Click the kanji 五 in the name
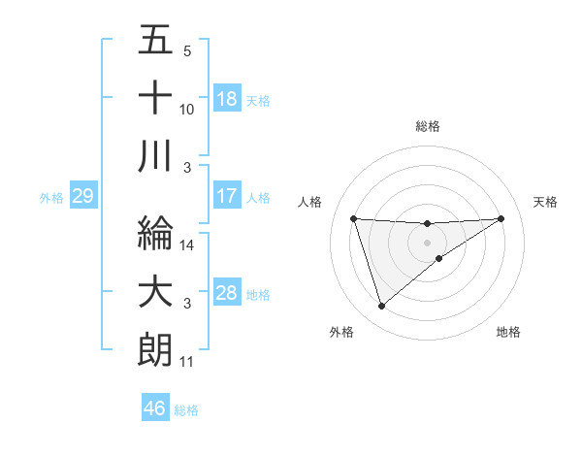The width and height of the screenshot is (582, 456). pyautogui.click(x=155, y=41)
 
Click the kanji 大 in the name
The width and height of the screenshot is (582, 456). pyautogui.click(x=155, y=292)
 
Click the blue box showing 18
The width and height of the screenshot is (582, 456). pyautogui.click(x=227, y=99)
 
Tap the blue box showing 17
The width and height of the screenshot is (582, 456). pyautogui.click(x=227, y=196)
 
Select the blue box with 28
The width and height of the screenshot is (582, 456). pyautogui.click(x=227, y=293)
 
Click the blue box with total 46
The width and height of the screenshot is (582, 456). pyautogui.click(x=155, y=408)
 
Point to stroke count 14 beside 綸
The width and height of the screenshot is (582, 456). pyautogui.click(x=187, y=245)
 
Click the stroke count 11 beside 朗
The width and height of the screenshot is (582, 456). pyautogui.click(x=186, y=362)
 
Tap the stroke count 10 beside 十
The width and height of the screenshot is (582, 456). pyautogui.click(x=187, y=109)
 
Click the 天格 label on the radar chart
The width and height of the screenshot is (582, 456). pyautogui.click(x=545, y=202)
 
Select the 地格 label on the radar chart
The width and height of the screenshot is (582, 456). pyautogui.click(x=508, y=332)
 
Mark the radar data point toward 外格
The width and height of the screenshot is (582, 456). pyautogui.click(x=381, y=307)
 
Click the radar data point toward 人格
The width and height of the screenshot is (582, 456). pyautogui.click(x=354, y=218)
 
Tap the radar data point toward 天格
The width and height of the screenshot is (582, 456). pyautogui.click(x=501, y=218)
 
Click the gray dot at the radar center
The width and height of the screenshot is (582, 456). pyautogui.click(x=428, y=242)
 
